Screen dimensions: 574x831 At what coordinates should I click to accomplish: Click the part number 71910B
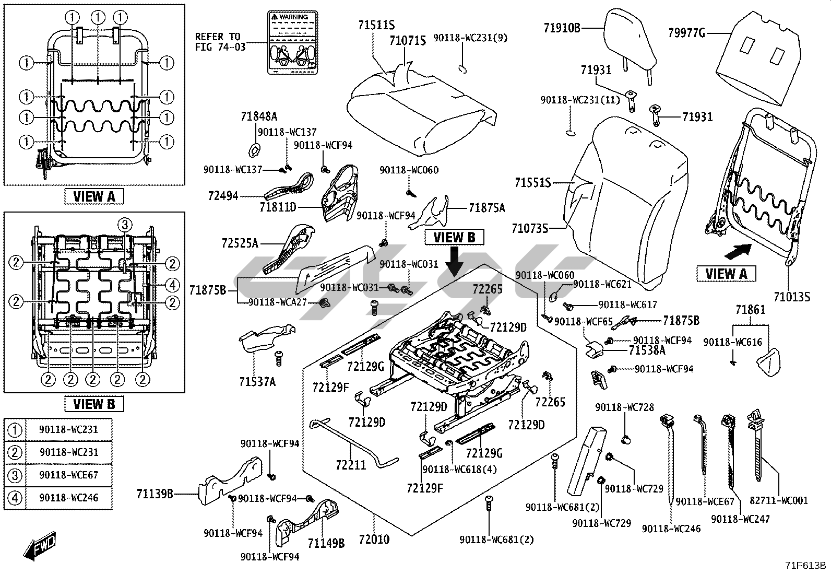(x=562, y=28)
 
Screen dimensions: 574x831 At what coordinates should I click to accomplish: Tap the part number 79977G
(x=687, y=34)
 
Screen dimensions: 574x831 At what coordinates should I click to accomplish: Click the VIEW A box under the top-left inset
(x=94, y=196)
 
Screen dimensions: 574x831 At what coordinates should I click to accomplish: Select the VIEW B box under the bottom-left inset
(x=94, y=404)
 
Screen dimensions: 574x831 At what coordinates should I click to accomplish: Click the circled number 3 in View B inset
(x=124, y=225)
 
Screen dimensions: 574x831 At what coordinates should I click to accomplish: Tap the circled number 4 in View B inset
(x=173, y=285)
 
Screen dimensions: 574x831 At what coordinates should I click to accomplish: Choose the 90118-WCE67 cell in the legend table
(x=68, y=475)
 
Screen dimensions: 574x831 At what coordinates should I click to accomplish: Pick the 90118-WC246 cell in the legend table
(x=68, y=498)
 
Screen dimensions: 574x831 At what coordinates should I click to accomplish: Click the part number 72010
(x=374, y=539)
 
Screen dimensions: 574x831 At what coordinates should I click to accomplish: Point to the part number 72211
(x=351, y=464)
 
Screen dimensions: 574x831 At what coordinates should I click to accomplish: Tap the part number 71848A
(x=259, y=116)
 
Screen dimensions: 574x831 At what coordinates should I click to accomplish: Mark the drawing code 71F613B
(x=807, y=565)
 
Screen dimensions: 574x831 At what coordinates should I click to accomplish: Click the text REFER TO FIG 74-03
(x=218, y=42)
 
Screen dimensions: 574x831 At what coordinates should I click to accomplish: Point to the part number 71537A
(x=257, y=382)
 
